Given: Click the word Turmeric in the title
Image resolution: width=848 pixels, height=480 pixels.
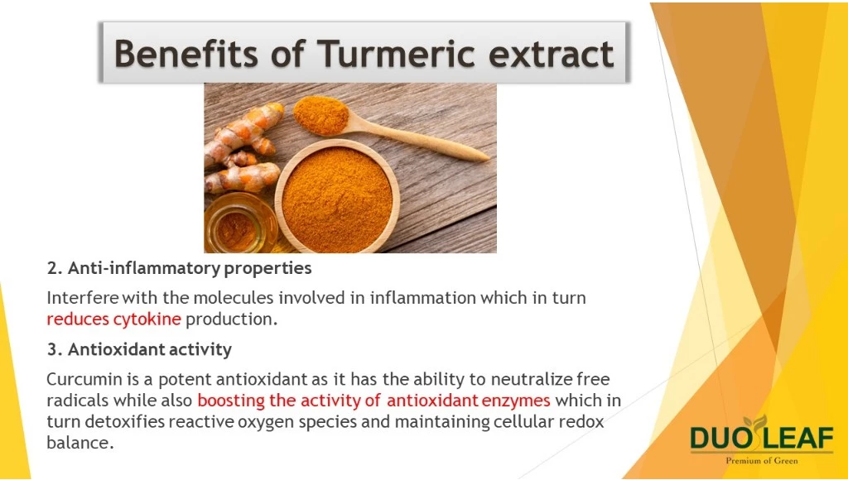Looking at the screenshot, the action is point(396,53).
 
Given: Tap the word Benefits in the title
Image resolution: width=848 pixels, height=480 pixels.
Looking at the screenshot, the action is point(186,53).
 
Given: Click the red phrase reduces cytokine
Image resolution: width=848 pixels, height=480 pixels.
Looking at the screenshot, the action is point(113,319).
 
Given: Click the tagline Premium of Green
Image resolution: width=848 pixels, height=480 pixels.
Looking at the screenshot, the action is point(762,460).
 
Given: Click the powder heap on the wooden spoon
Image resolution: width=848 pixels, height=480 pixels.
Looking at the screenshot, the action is point(321,115).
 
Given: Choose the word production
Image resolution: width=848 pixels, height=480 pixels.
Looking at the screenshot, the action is point(232,319).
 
